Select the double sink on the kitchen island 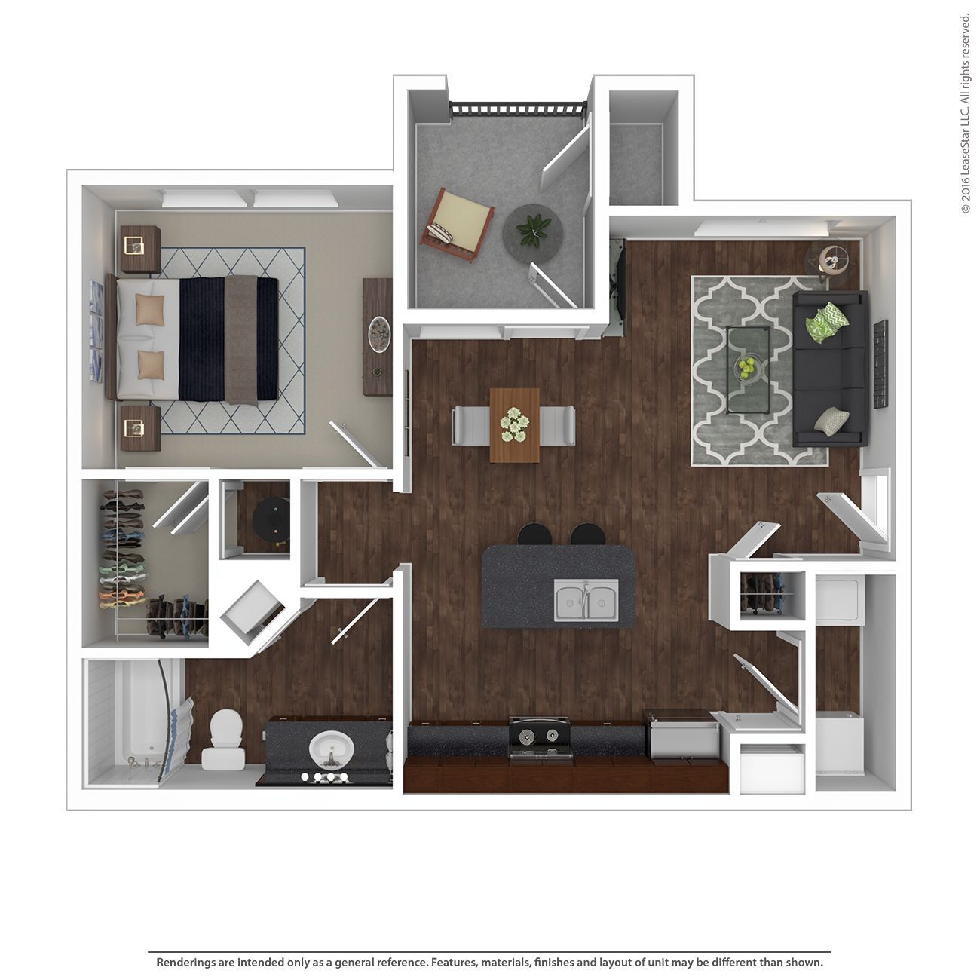[586, 600]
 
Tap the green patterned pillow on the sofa [826, 321]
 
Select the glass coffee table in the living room [747, 370]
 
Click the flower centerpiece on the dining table [515, 424]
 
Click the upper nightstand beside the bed [140, 249]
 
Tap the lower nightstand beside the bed [140, 428]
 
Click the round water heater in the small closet [271, 521]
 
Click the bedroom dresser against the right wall [377, 337]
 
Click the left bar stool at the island [534, 534]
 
